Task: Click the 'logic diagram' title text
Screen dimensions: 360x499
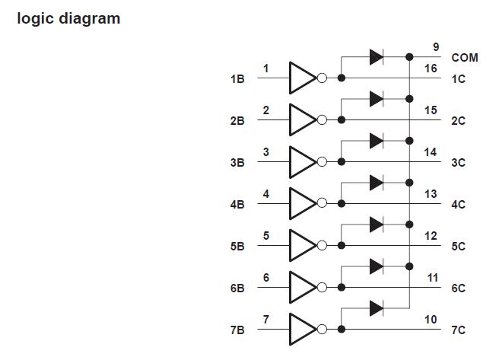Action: (x=68, y=18)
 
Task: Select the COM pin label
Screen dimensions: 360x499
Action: (x=465, y=57)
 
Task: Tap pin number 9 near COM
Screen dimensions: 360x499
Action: (x=436, y=47)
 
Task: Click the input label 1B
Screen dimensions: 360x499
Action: (x=237, y=78)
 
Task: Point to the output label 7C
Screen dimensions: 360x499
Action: (x=458, y=330)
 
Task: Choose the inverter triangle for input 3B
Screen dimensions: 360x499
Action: (x=302, y=161)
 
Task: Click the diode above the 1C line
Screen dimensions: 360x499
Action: (x=376, y=56)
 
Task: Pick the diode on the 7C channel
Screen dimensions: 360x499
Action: (x=376, y=307)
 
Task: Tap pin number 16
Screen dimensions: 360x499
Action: (x=431, y=68)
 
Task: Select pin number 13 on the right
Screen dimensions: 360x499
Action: (x=431, y=194)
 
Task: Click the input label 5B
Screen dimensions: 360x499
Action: (x=237, y=246)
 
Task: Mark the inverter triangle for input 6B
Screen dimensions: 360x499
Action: (x=302, y=287)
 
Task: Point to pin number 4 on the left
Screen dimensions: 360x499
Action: (x=265, y=194)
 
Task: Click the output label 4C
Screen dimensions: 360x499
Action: (x=458, y=204)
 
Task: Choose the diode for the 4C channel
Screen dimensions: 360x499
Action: (x=376, y=182)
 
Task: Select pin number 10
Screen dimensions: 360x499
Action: (x=431, y=320)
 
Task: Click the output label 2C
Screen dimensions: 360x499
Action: (x=458, y=120)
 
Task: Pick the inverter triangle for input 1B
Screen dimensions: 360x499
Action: (x=302, y=78)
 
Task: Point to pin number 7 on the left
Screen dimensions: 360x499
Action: (x=265, y=320)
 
